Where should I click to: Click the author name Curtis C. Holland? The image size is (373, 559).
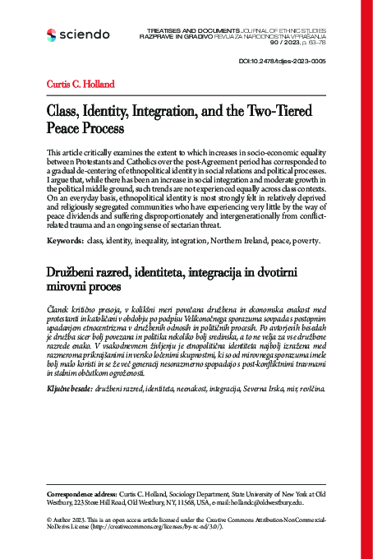click(x=81, y=84)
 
